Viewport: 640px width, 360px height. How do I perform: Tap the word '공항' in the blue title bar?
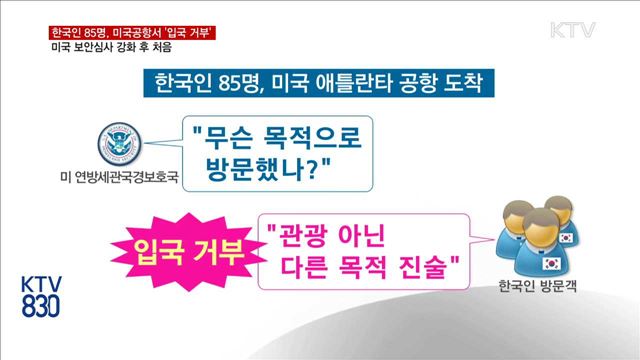[x=412, y=84]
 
